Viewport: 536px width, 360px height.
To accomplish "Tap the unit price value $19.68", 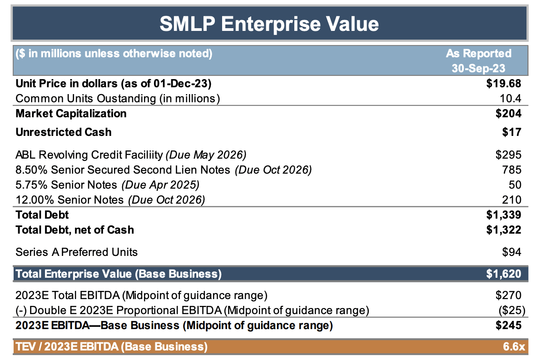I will (x=503, y=84).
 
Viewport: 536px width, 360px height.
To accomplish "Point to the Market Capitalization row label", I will (x=71, y=113).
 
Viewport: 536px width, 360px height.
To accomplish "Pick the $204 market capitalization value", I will (x=508, y=113).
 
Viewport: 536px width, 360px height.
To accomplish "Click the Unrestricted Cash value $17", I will (x=511, y=132).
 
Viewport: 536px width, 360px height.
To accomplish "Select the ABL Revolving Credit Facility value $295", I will (x=508, y=155).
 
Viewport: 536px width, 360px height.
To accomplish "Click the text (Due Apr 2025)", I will (x=160, y=185).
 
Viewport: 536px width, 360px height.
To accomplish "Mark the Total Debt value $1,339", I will (x=503, y=215).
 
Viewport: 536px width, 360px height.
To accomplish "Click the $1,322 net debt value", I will (x=503, y=230).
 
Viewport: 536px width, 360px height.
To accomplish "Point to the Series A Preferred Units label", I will (x=76, y=252).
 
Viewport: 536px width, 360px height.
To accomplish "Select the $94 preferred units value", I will (x=511, y=252).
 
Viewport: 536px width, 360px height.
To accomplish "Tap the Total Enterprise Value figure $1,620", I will (x=503, y=274).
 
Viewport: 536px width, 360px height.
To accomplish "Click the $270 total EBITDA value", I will (x=508, y=295).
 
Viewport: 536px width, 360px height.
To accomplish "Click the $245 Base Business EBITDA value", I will (x=508, y=325).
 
